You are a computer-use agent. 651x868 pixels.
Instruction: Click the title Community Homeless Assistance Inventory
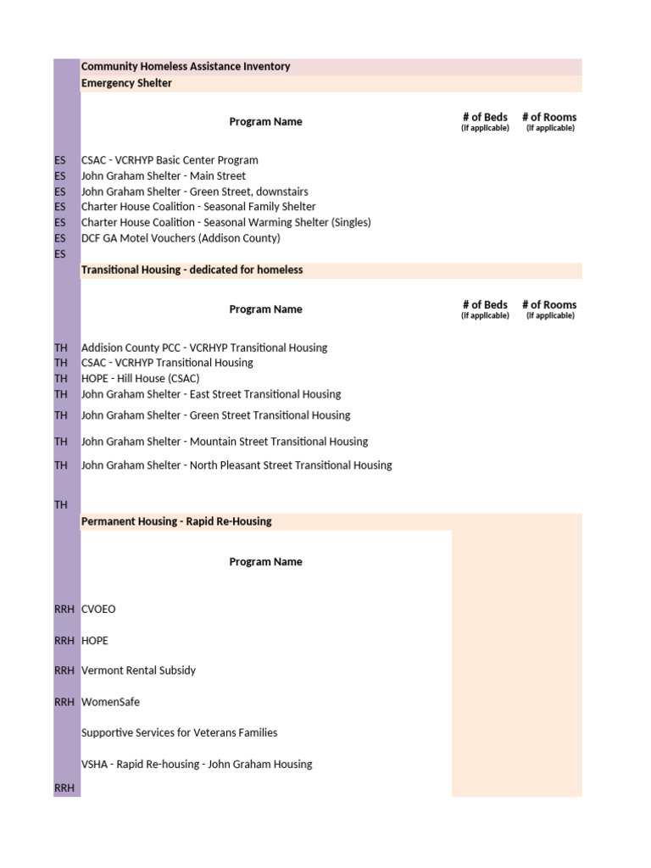tap(186, 67)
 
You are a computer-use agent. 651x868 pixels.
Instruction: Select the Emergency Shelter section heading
tap(126, 83)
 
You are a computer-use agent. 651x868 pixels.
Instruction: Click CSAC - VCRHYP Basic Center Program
tap(170, 160)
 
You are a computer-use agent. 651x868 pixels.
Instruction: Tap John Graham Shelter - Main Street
tap(164, 176)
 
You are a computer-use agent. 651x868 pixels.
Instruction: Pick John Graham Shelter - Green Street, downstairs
tap(195, 192)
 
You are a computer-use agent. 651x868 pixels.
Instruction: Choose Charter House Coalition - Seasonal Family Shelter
tap(198, 207)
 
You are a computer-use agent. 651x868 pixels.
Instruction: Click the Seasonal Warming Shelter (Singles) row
tap(226, 222)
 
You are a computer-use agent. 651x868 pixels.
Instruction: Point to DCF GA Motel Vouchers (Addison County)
tap(181, 238)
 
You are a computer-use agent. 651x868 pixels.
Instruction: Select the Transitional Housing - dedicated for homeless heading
tap(192, 270)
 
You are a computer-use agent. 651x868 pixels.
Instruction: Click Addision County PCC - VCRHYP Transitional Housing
tap(204, 348)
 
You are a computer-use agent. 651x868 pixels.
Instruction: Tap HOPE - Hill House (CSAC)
tap(141, 379)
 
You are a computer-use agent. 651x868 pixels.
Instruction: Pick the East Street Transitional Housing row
tap(211, 394)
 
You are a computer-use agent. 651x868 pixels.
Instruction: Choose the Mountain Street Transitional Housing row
tap(225, 442)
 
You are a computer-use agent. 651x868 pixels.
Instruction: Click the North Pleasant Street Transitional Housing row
tap(236, 465)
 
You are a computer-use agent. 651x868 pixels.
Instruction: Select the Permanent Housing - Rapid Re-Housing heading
tap(176, 521)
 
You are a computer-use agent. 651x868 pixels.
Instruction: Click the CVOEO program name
tap(98, 609)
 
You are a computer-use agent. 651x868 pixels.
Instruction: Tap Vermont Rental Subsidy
tap(138, 670)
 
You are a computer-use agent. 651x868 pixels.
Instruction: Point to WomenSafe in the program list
tap(110, 702)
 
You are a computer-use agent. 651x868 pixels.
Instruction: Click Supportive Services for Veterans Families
tap(179, 732)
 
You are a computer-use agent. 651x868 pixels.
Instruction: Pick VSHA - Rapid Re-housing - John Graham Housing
tap(197, 765)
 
